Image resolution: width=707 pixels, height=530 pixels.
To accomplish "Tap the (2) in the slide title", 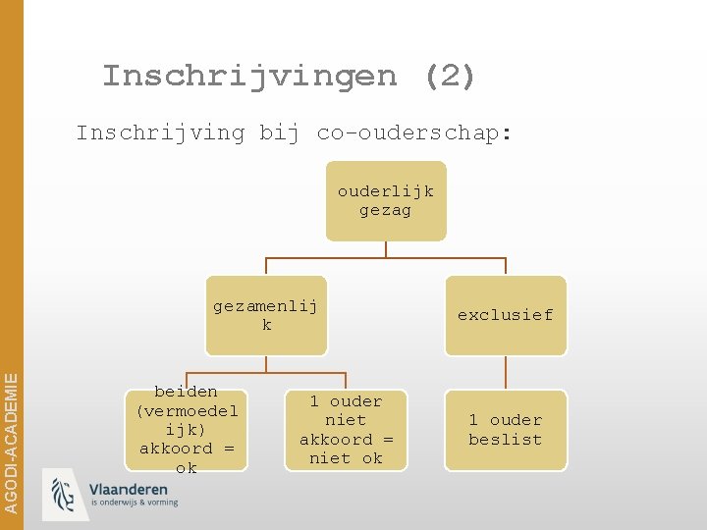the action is [x=451, y=76].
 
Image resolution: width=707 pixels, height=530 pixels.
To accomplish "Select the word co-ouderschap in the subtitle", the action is [x=413, y=132].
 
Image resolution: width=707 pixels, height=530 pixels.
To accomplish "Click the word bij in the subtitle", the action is [x=279, y=132].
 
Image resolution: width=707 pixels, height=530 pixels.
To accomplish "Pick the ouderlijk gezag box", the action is [x=386, y=200].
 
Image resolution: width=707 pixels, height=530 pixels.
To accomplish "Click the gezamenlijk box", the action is [x=266, y=314].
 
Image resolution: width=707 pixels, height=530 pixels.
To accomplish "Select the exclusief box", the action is [x=505, y=315].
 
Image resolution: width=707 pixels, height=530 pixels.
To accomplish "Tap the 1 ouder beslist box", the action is [x=505, y=430].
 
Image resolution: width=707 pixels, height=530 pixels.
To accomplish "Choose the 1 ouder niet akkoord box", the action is [x=346, y=430].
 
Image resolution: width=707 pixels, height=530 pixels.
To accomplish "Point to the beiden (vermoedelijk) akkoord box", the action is [x=187, y=430].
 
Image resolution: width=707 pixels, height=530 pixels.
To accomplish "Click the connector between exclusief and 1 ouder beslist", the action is [x=506, y=372].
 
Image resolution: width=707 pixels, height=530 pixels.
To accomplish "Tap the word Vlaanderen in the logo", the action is [x=129, y=490].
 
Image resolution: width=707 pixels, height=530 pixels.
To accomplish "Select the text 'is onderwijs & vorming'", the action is [x=134, y=503].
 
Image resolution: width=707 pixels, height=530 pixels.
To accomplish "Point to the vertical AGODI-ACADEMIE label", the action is [x=11, y=432].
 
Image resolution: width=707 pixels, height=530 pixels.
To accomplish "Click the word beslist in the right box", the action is [x=505, y=440].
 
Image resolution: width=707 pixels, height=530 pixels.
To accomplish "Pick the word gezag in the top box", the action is [x=386, y=210].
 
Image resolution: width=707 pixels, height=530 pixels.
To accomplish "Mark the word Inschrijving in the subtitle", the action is [x=160, y=132].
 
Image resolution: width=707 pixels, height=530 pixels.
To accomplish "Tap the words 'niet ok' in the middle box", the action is [x=346, y=458].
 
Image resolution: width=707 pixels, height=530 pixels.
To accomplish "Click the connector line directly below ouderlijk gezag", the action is [x=386, y=249].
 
